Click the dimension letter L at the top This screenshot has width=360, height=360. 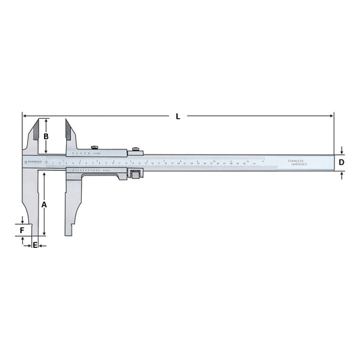(x=178, y=116)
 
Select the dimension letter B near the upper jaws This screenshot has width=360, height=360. (x=46, y=137)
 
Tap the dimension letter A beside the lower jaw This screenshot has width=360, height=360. (x=44, y=204)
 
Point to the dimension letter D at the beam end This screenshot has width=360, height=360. (x=342, y=163)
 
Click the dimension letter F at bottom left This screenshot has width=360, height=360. (x=22, y=230)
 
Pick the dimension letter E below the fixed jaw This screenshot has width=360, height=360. (x=35, y=245)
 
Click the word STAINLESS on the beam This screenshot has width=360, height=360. (x=296, y=161)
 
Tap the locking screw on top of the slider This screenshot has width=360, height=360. (x=95, y=147)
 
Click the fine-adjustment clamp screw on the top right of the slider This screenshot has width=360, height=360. (x=136, y=149)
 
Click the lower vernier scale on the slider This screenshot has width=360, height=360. (x=95, y=172)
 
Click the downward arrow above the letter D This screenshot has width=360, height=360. (x=342, y=151)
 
